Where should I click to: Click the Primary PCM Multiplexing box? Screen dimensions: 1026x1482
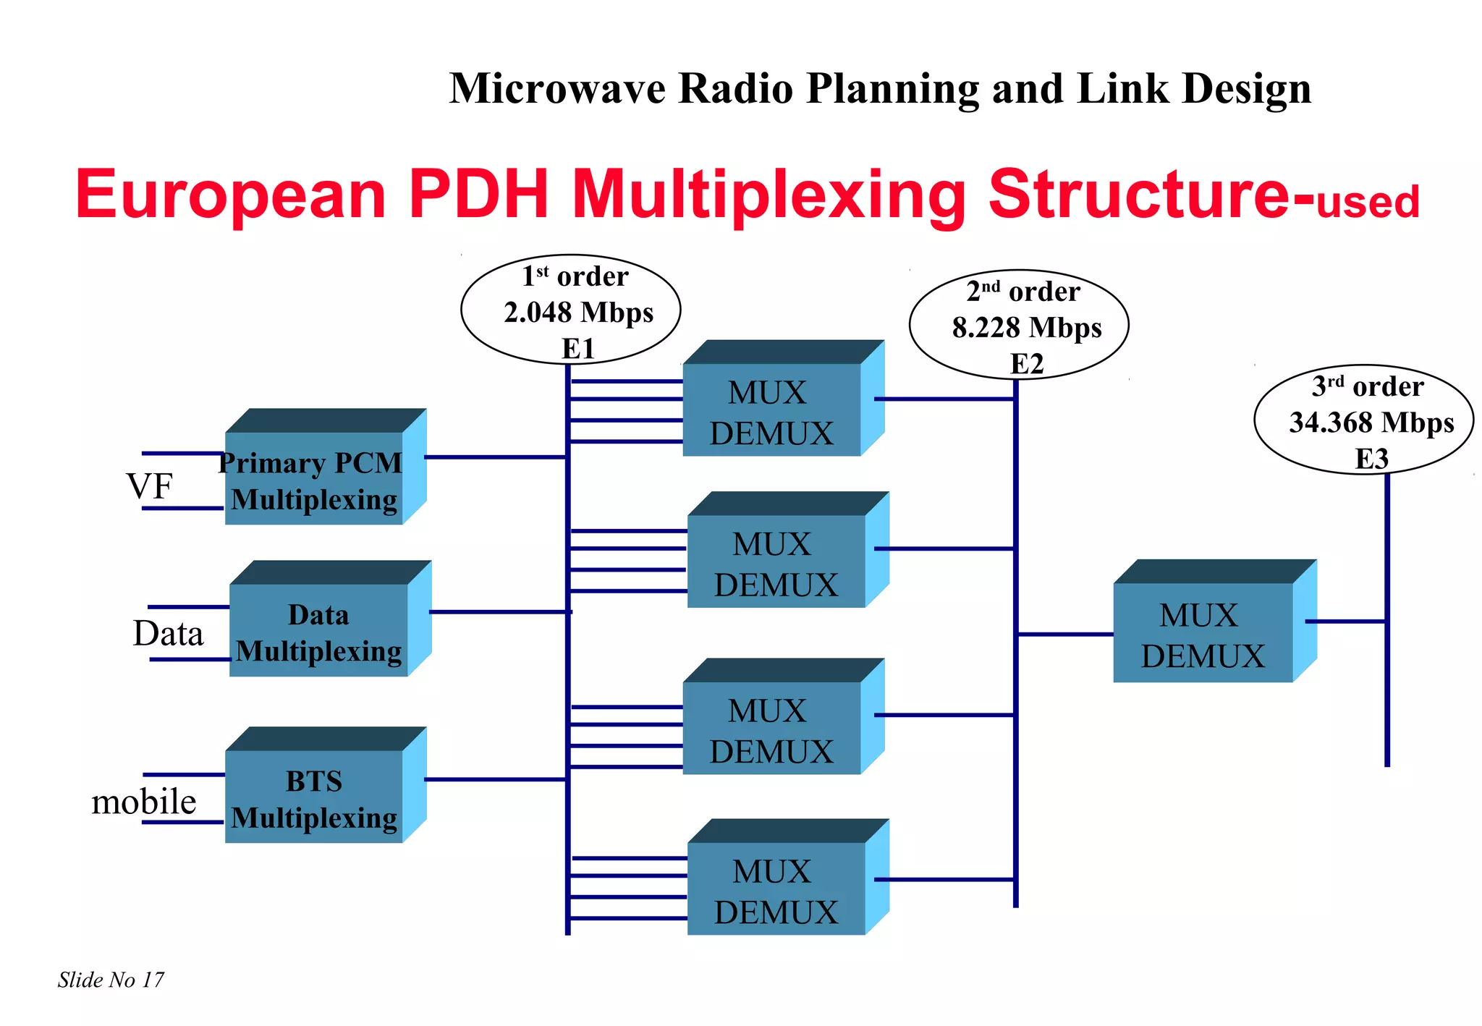pos(314,478)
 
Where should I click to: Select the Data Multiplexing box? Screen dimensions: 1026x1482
pos(319,630)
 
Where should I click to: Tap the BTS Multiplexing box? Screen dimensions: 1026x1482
pos(314,797)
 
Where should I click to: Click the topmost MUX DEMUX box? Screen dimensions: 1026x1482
pos(772,410)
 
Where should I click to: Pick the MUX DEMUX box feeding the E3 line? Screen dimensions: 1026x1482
pos(1203,632)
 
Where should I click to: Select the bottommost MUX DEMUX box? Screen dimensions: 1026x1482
pos(776,889)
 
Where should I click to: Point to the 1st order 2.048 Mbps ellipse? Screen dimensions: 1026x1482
pos(570,310)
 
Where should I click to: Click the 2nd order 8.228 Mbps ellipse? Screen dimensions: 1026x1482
pos(1019,325)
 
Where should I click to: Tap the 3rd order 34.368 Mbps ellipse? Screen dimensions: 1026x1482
pos(1363,420)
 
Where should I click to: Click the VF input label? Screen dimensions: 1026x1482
pos(150,486)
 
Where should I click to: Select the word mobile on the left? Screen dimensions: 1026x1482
pos(144,802)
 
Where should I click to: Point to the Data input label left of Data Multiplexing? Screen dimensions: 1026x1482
pos(168,634)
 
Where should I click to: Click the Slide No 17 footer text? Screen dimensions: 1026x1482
pos(111,980)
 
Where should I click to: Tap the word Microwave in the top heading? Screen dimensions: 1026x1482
pos(557,89)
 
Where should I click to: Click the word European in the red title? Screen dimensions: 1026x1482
pos(231,195)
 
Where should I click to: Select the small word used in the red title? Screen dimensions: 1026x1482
pos(1368,203)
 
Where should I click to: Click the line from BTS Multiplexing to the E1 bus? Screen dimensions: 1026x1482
pos(495,779)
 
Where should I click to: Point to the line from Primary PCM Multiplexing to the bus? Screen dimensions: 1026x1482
pos(495,457)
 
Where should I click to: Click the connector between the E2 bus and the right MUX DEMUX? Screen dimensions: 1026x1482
pos(1065,635)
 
